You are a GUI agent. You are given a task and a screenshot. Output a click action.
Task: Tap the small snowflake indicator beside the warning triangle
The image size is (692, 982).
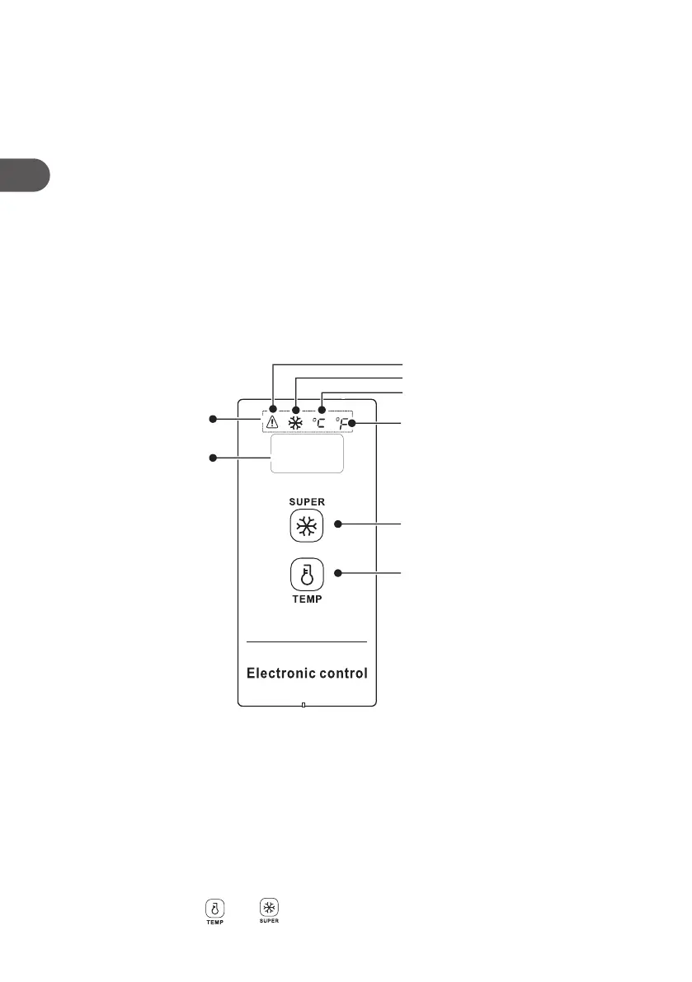pyautogui.click(x=295, y=423)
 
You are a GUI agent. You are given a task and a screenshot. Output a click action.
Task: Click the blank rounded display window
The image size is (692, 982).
pyautogui.click(x=305, y=454)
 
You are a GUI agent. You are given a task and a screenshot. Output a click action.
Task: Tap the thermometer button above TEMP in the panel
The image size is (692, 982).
pyautogui.click(x=306, y=573)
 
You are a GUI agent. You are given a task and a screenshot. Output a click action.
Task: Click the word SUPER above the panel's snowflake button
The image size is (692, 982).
pyautogui.click(x=306, y=501)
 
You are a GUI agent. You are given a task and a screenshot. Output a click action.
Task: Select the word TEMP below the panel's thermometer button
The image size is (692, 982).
pyautogui.click(x=306, y=599)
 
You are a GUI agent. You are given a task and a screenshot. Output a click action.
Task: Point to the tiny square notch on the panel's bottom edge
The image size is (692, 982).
pyautogui.click(x=304, y=705)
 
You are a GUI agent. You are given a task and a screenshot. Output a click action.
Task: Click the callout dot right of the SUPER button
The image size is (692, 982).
pyautogui.click(x=337, y=524)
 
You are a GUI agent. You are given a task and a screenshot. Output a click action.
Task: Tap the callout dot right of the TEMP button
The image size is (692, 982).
pyautogui.click(x=337, y=572)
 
